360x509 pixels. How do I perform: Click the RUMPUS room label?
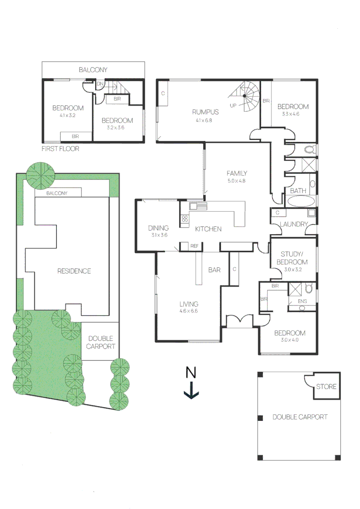click(205, 112)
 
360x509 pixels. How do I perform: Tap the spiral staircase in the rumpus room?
click(246, 96)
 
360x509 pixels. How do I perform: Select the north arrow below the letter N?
click(191, 391)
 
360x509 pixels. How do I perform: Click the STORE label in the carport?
click(326, 386)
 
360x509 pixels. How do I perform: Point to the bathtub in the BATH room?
click(301, 202)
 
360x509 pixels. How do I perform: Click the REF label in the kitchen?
click(195, 246)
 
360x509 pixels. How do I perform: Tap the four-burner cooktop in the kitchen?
click(184, 218)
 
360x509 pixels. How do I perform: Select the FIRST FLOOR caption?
click(60, 148)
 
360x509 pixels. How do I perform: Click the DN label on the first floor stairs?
click(100, 84)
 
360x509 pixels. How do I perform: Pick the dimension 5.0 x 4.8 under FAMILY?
click(237, 181)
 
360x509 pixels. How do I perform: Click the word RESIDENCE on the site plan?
click(74, 271)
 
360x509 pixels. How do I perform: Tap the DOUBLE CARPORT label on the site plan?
click(101, 342)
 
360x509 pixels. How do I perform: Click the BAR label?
click(214, 270)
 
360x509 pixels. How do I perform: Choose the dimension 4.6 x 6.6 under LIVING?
click(188, 312)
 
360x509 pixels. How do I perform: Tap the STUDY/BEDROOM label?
click(292, 258)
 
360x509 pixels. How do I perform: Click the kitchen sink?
click(198, 206)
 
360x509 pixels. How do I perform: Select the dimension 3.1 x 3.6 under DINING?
click(159, 235)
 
